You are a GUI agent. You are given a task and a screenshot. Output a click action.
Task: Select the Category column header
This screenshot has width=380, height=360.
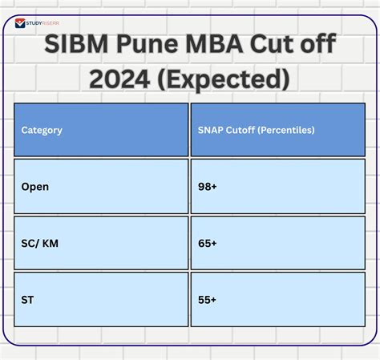(x=42, y=130)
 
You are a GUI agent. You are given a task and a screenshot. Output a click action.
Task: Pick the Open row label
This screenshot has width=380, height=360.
(x=35, y=187)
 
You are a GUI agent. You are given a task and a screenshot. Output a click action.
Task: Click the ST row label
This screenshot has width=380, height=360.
(x=29, y=300)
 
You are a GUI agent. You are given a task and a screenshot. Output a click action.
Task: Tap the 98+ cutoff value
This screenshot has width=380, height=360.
(x=208, y=187)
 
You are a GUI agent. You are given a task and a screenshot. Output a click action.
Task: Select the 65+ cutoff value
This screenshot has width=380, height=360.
(x=208, y=243)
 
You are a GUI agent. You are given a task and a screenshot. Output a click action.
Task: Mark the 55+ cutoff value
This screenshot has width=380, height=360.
(x=208, y=300)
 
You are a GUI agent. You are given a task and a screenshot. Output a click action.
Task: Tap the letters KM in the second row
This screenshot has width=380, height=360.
(x=53, y=243)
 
